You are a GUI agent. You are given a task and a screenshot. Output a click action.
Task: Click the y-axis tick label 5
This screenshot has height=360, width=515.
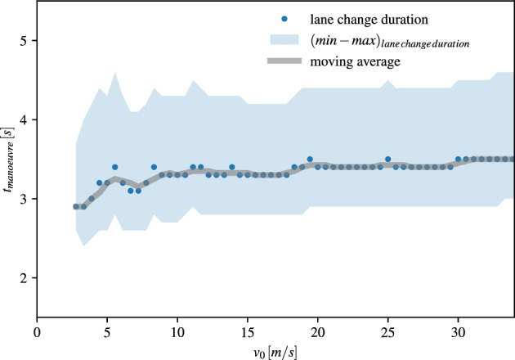point(25,41)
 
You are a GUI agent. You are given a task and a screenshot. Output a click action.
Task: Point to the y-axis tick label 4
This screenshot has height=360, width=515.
point(25,119)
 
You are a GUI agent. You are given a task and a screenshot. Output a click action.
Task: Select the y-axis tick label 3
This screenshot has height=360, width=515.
point(25,199)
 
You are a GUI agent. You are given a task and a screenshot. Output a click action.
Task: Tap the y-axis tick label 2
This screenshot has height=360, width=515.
point(25,278)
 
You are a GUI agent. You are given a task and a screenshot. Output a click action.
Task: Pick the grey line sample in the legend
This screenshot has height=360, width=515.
point(283,61)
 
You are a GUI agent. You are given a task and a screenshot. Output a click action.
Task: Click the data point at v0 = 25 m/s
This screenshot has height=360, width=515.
point(387,159)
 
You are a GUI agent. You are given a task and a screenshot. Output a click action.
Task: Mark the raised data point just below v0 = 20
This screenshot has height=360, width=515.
point(310,159)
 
